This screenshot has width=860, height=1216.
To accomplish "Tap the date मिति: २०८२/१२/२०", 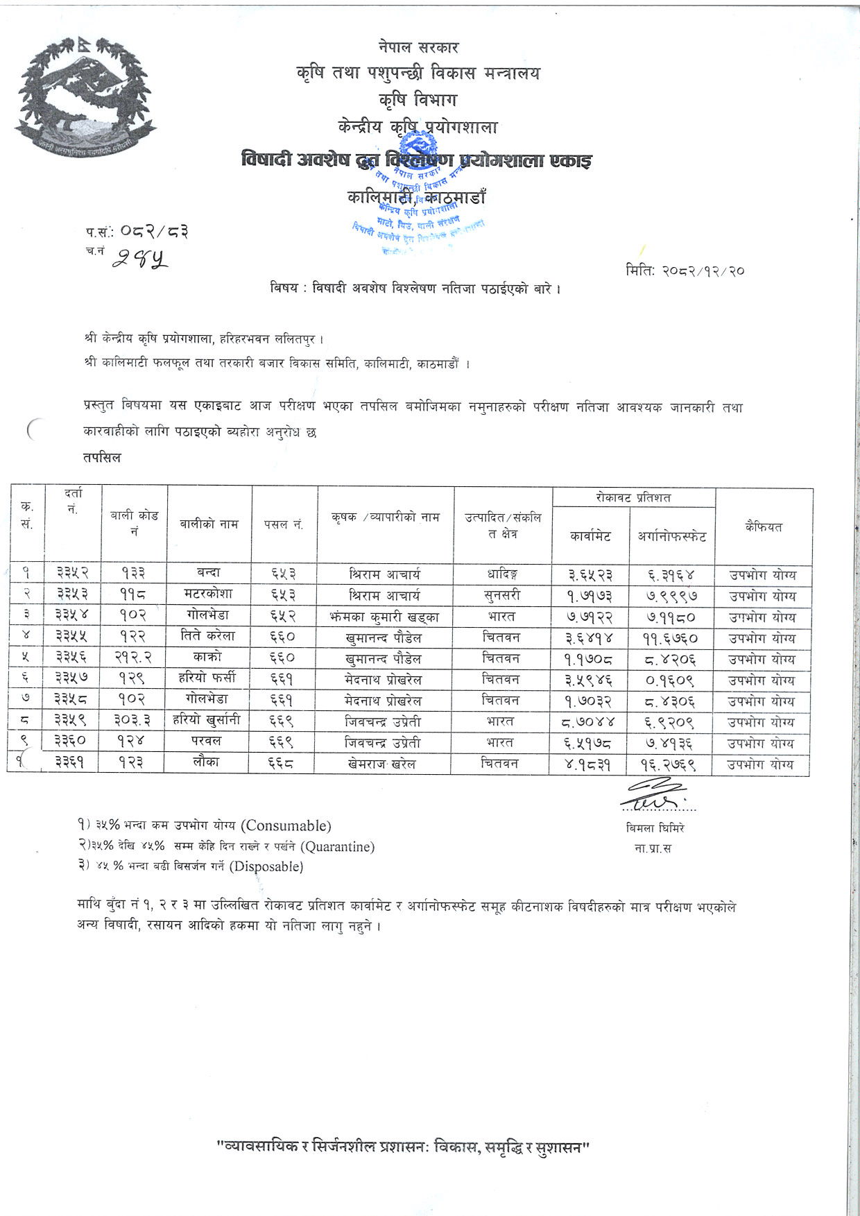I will click(x=684, y=271).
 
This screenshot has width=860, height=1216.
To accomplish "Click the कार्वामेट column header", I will click(x=590, y=536).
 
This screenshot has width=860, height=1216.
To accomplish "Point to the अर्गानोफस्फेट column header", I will click(x=672, y=536).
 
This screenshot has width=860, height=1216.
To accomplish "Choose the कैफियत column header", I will click(x=763, y=526).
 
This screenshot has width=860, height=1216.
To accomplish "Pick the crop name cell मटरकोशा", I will click(x=209, y=594).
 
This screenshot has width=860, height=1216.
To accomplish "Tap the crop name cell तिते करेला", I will click(x=209, y=637).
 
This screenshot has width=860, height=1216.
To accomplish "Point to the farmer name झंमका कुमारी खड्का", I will click(x=386, y=617).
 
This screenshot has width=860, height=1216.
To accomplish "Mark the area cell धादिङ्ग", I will click(x=503, y=574).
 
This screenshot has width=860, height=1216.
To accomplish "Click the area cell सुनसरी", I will click(x=503, y=595).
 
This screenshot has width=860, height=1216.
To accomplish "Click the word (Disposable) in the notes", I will click(x=267, y=866).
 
